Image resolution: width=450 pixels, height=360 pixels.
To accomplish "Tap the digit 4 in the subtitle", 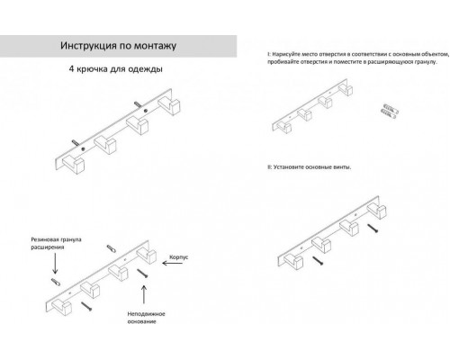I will (71, 69).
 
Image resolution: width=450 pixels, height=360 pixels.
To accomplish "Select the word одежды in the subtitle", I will (145, 69).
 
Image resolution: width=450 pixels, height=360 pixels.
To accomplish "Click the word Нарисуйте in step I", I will (288, 54).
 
